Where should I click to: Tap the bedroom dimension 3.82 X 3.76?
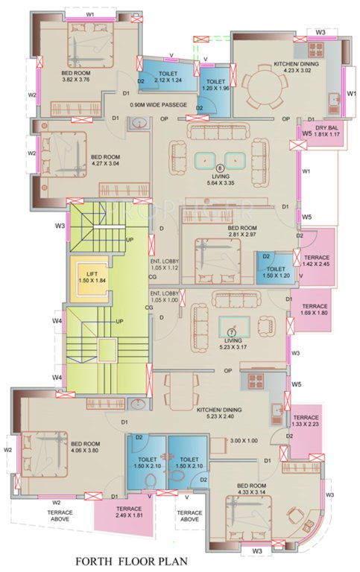[75, 77]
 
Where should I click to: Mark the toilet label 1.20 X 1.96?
[215, 86]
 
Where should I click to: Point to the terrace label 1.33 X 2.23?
[306, 422]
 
